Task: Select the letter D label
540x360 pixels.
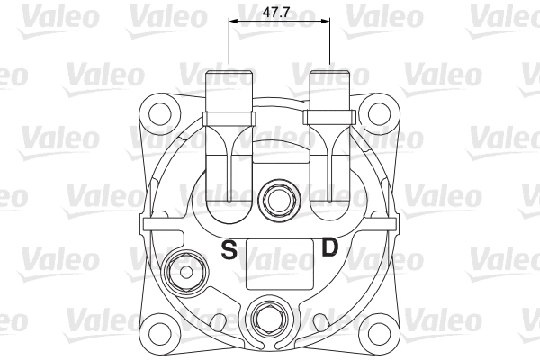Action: [330, 246]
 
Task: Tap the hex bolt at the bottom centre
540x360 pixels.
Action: [267, 318]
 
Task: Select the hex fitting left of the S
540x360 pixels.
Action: [185, 267]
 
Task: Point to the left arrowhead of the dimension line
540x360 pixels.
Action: [233, 20]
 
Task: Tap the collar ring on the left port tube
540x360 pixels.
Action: [229, 117]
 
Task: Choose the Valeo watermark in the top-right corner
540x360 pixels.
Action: [508, 13]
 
